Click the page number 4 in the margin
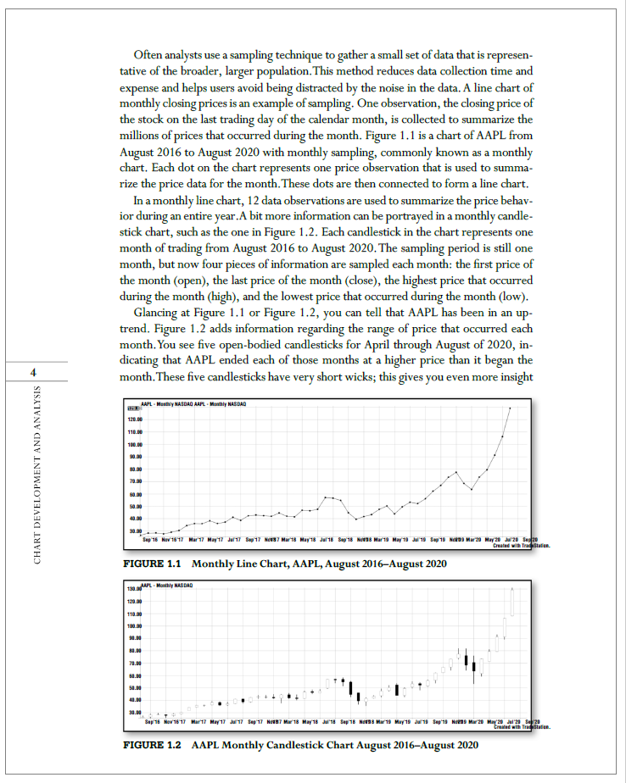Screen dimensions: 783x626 pos(33,373)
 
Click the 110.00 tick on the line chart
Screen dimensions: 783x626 pos(135,431)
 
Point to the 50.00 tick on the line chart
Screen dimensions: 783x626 pos(135,506)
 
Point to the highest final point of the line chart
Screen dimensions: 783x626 pos(510,408)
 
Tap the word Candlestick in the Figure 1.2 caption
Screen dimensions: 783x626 pos(292,745)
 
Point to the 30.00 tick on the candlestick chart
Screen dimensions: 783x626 pos(135,713)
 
